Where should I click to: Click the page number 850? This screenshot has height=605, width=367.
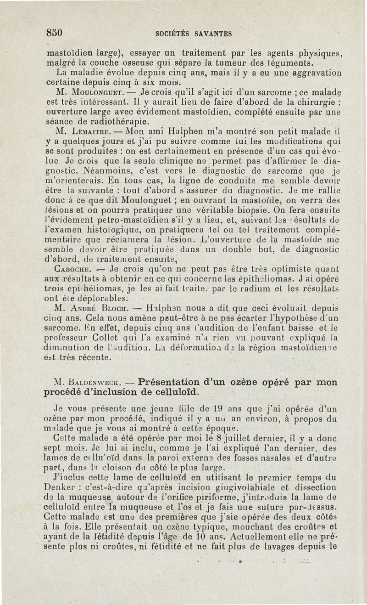pyautogui.click(x=54, y=33)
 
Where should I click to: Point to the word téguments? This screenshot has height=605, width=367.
pyautogui.click(x=287, y=63)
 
